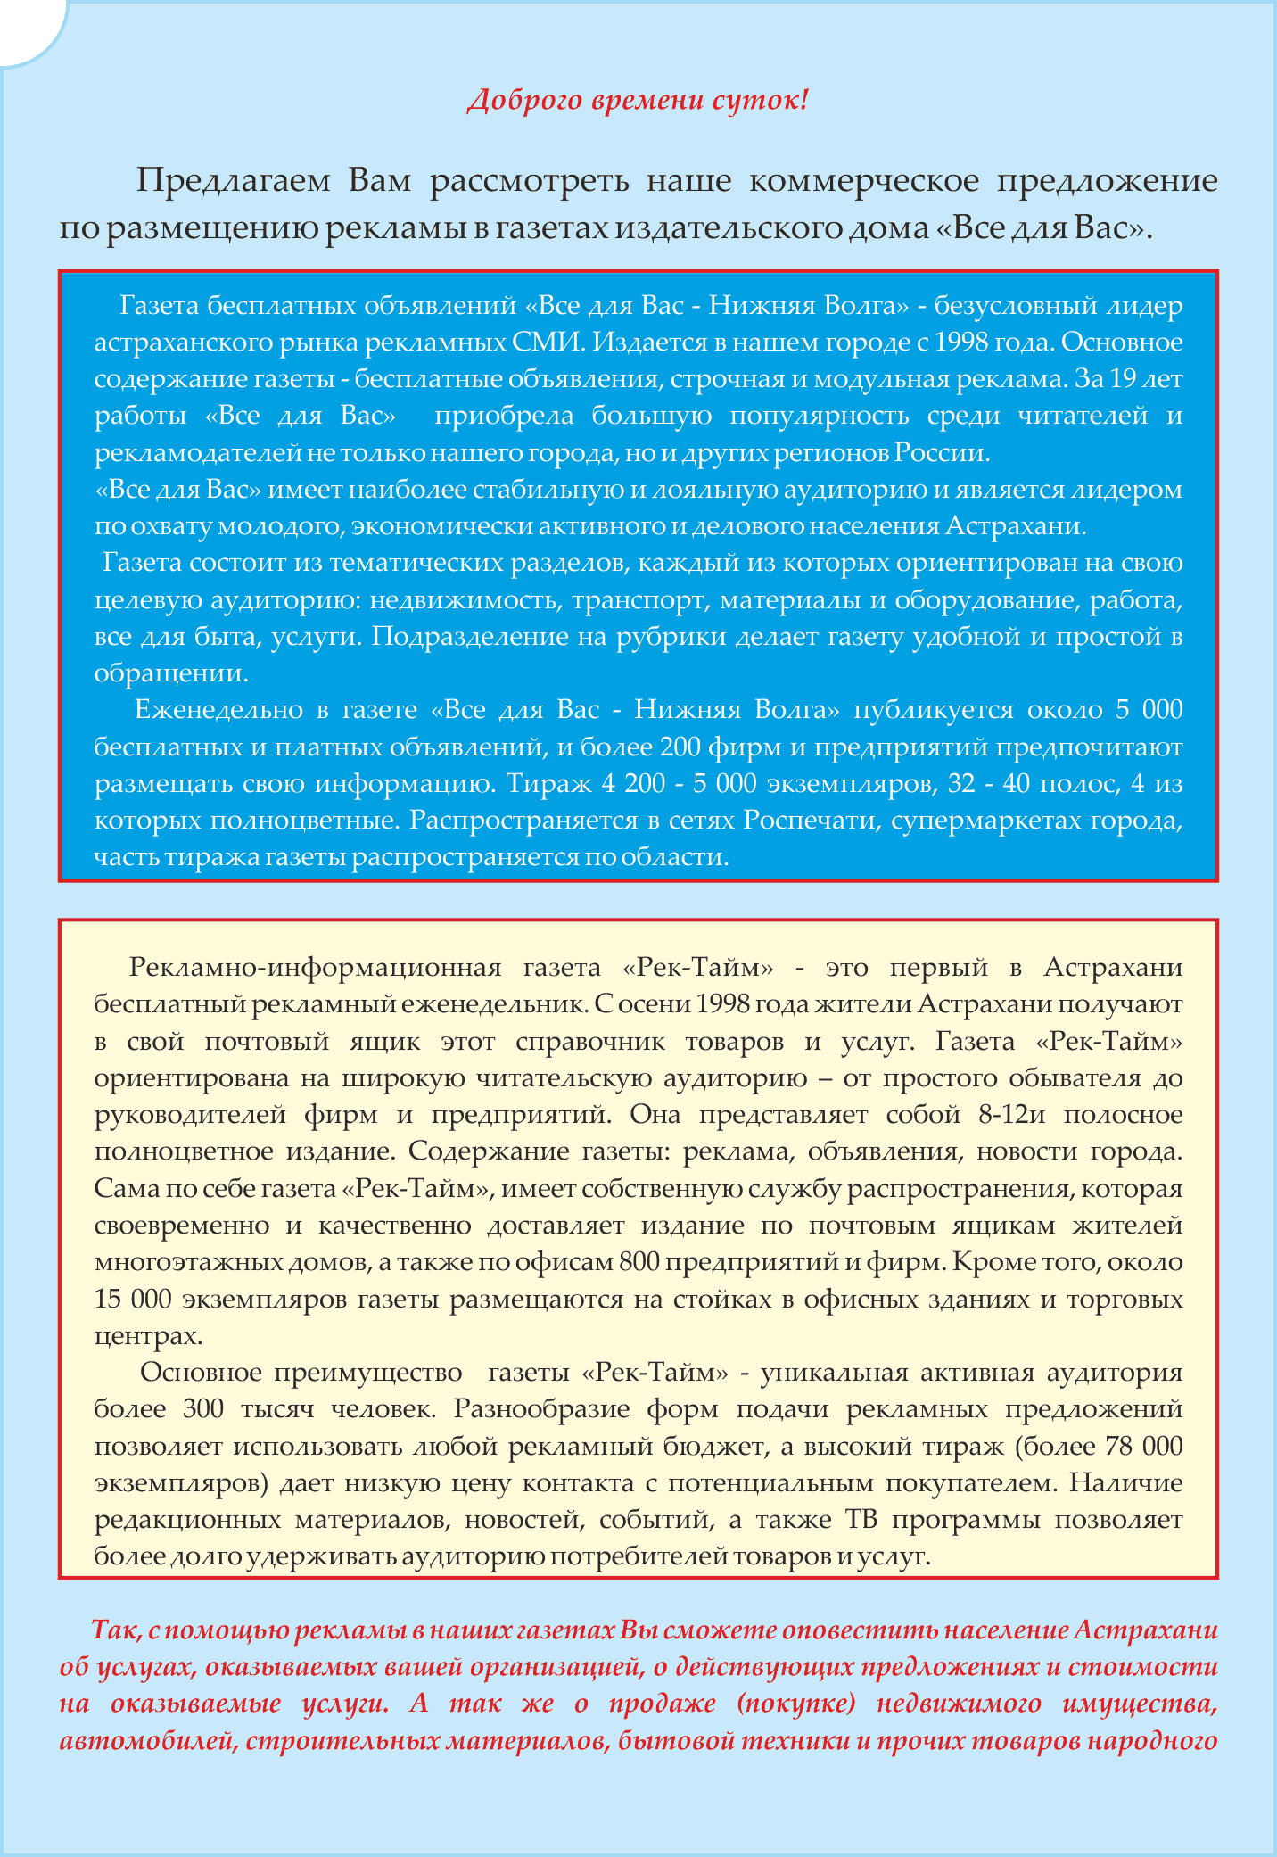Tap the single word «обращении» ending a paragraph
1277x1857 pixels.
coord(170,673)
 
